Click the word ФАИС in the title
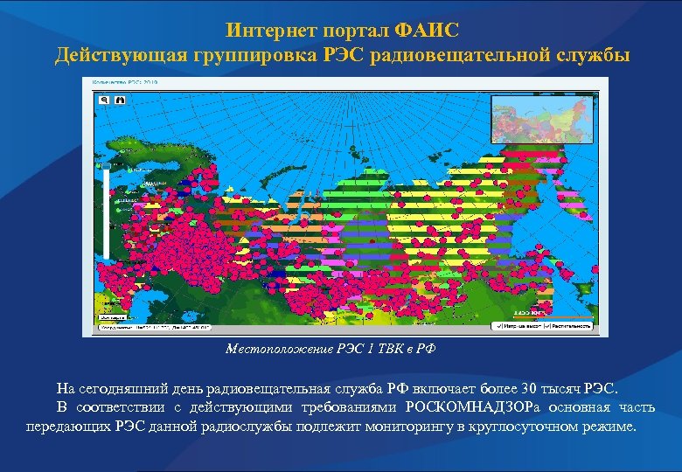pyautogui.click(x=427, y=30)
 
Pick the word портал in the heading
pyautogui.click(x=354, y=30)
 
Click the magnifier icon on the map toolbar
pyautogui.click(x=104, y=101)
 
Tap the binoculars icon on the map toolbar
pyautogui.click(x=120, y=101)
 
